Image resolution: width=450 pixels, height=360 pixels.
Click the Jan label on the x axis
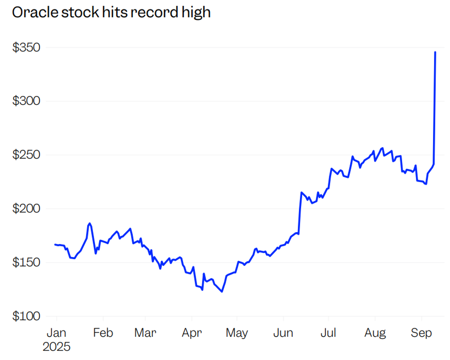[x=56, y=333]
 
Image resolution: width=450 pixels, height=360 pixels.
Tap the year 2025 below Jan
[x=56, y=346]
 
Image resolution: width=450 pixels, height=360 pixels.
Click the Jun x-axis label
[x=283, y=333]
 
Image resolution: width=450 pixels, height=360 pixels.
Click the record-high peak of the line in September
[x=435, y=52]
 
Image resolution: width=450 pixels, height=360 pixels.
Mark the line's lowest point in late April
[x=222, y=292]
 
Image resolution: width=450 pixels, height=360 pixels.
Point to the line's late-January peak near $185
[x=89, y=223]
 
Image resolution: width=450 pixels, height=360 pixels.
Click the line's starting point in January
[x=55, y=244]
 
